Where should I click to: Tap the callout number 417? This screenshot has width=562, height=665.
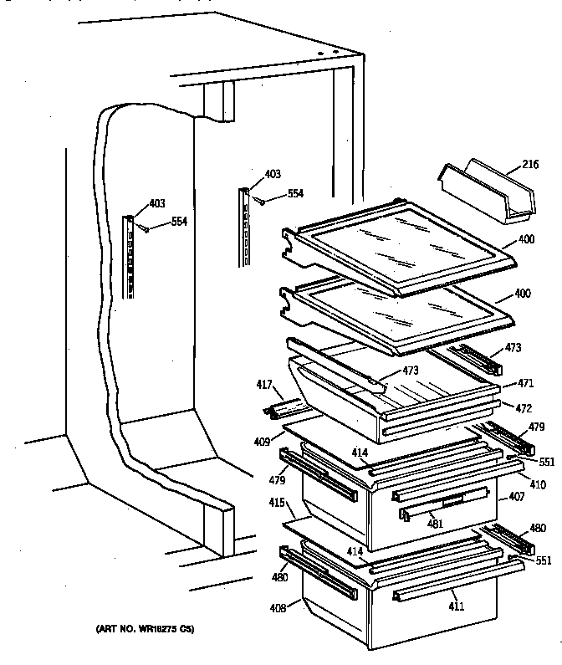(265, 386)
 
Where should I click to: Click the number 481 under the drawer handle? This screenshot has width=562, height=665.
(436, 524)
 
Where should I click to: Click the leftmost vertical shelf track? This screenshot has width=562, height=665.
(129, 255)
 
